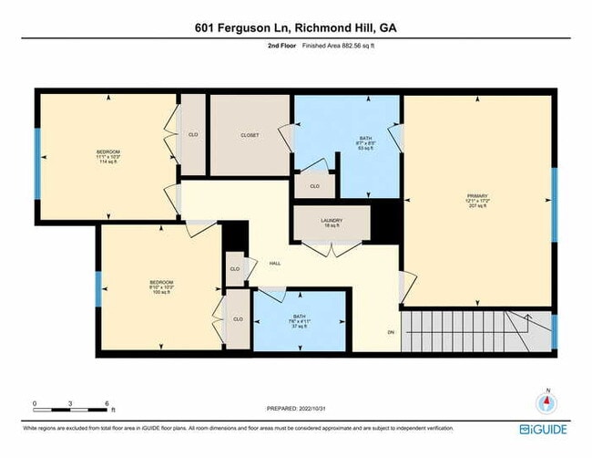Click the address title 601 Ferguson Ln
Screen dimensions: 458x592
[295, 28]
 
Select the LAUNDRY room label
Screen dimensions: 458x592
[331, 222]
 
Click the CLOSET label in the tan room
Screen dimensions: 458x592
[250, 135]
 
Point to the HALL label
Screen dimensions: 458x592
[274, 264]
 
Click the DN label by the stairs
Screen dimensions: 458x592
[391, 331]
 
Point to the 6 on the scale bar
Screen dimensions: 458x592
[107, 402]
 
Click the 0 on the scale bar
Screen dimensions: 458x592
[35, 402]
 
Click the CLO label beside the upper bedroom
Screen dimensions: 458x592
[193, 135]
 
